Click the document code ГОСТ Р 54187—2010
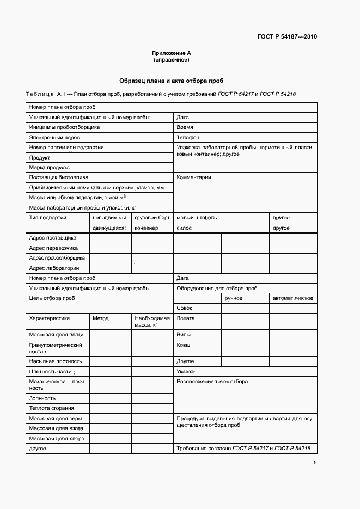[x=287, y=37]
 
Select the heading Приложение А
[x=172, y=53]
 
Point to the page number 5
[x=315, y=463]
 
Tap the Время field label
[x=185, y=127]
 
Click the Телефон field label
[x=188, y=138]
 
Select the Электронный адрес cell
[x=54, y=138]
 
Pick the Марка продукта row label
[x=50, y=168]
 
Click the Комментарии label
[x=193, y=177]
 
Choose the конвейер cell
[x=147, y=228]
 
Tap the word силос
[x=184, y=228]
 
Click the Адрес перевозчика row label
[x=53, y=248]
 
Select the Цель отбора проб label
[x=52, y=298]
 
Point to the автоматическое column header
[x=292, y=298]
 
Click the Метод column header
[x=101, y=318]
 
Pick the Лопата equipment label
[x=186, y=318]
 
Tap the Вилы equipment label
[x=183, y=335]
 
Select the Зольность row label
[x=42, y=398]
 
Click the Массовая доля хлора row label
[x=56, y=438]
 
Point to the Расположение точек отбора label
[x=212, y=382]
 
